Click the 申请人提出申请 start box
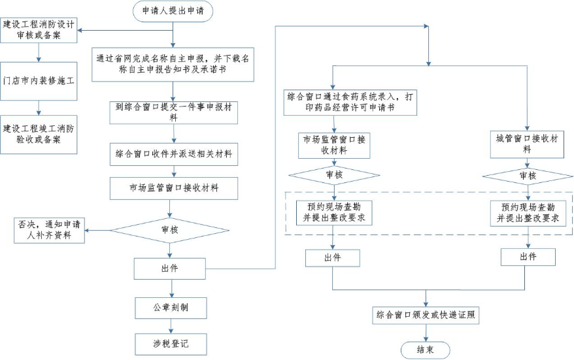point(173,11)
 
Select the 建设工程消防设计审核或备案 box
point(39,30)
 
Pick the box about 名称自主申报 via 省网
point(173,64)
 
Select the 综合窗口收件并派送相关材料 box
point(173,155)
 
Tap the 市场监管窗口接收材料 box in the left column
point(173,188)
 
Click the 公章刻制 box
point(172,307)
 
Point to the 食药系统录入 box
point(350,101)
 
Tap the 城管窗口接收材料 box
point(528,144)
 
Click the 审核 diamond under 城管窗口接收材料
point(528,176)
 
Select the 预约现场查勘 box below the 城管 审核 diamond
point(528,212)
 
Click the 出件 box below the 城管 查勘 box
point(528,257)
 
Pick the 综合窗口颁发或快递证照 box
point(428,316)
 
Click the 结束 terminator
point(428,349)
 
